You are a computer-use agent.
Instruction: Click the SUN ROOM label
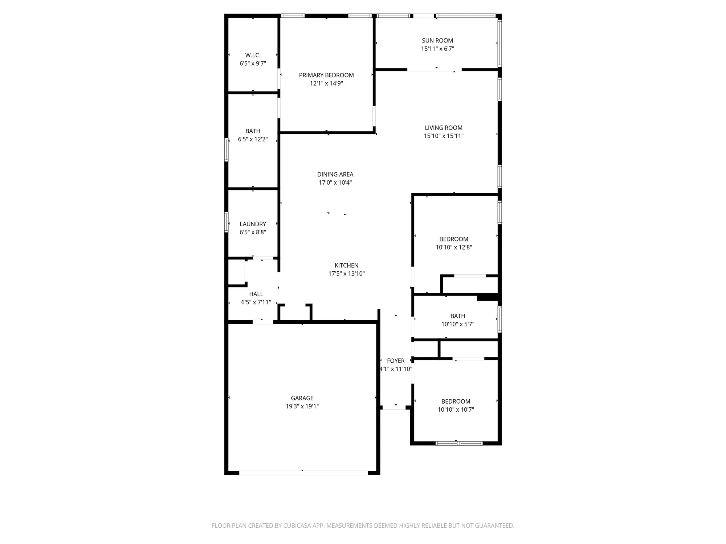(437, 41)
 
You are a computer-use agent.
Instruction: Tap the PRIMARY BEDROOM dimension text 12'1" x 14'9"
(326, 83)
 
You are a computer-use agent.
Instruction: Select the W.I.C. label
(253, 55)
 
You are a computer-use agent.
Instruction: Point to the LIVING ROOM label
(444, 128)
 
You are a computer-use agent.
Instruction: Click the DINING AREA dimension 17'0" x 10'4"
(335, 182)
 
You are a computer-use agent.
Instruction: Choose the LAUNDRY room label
(253, 224)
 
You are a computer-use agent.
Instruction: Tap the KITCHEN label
(346, 265)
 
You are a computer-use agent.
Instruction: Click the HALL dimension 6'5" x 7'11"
(256, 302)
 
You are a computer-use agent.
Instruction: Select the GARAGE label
(302, 398)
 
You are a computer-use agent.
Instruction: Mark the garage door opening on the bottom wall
(303, 473)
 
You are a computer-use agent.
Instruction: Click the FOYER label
(396, 361)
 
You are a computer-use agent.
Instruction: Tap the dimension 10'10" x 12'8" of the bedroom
(454, 247)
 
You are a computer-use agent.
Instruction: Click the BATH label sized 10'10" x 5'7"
(458, 316)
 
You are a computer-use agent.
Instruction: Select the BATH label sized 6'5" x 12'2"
(253, 131)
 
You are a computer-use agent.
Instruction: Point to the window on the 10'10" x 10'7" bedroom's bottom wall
(459, 443)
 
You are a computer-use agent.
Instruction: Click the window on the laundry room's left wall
(226, 222)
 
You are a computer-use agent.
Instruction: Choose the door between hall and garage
(263, 322)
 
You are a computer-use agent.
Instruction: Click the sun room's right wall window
(499, 43)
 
